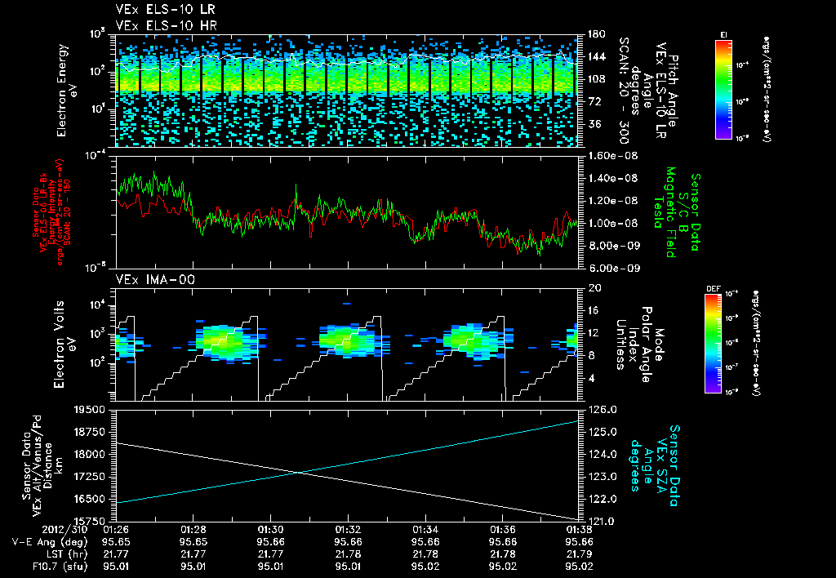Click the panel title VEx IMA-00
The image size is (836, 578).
[x=149, y=279]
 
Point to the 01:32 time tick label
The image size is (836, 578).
[x=349, y=529]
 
